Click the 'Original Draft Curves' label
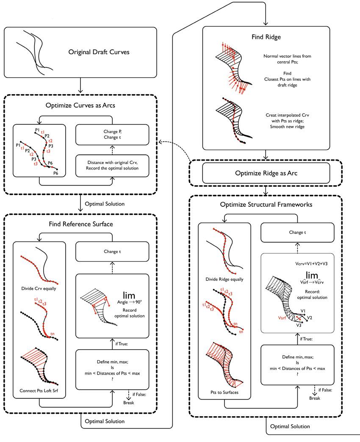99,53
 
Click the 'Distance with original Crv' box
112,166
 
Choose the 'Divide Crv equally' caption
39,289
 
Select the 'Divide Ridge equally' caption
224,279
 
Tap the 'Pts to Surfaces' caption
224,392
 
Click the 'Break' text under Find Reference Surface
128,402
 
